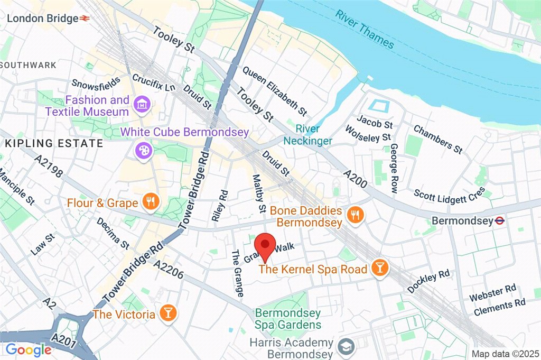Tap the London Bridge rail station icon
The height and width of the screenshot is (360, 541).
(x=85, y=18)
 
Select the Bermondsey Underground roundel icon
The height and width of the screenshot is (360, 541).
(x=498, y=220)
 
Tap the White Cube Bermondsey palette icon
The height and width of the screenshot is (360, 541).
(x=143, y=151)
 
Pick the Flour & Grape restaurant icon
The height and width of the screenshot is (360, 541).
(x=151, y=202)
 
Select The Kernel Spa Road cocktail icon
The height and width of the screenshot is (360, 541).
(x=379, y=269)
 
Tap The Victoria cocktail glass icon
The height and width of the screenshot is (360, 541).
(x=167, y=313)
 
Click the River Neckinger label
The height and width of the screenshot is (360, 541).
(x=307, y=135)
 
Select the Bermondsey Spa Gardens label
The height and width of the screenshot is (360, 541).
(x=288, y=319)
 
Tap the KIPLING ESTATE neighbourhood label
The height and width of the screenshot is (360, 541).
(x=54, y=143)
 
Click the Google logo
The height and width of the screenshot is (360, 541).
(x=28, y=349)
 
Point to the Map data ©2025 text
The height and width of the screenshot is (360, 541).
(x=505, y=354)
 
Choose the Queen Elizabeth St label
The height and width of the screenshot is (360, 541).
(x=275, y=90)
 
